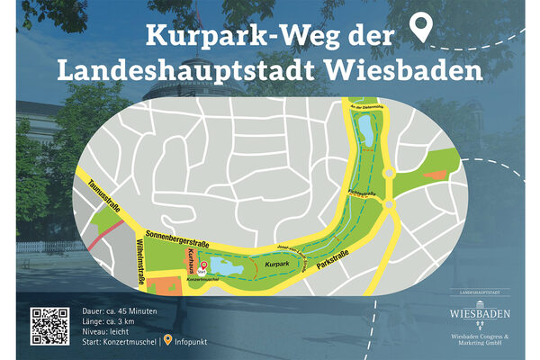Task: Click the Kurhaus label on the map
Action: pos(192,264)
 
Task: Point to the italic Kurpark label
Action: pos(276,264)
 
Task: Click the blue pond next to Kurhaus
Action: pos(224,268)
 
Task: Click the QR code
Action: pos(50,326)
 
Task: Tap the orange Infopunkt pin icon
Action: pos(166,341)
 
